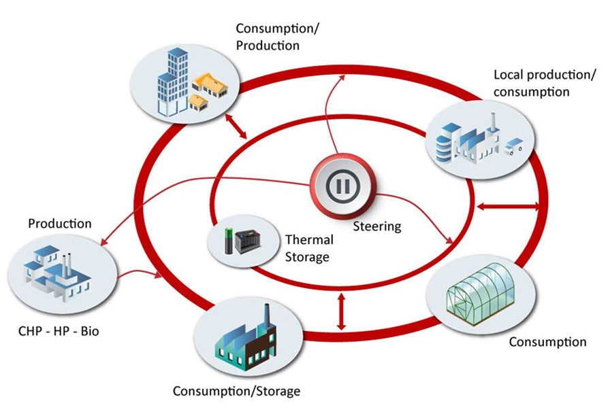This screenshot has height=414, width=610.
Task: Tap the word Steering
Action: tap(376, 226)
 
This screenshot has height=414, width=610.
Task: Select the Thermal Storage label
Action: tap(309, 248)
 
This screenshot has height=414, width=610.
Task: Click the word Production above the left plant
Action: tap(60, 223)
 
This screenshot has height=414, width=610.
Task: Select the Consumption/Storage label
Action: tap(236, 392)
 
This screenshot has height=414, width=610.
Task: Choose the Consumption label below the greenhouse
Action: tap(547, 341)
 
